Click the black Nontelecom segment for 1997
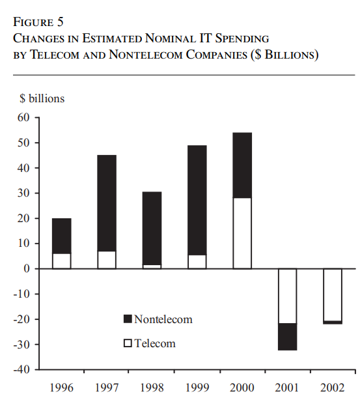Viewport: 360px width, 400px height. click(107, 203)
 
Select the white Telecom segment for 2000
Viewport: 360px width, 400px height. click(242, 233)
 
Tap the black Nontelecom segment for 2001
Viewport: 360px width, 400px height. click(287, 336)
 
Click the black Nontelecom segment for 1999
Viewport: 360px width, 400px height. click(197, 200)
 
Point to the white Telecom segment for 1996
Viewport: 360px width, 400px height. click(62, 261)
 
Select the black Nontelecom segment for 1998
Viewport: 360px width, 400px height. click(152, 228)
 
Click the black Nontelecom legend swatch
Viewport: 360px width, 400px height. click(128, 319)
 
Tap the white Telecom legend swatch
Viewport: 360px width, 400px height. click(128, 343)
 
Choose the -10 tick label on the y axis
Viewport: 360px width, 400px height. click(24, 294)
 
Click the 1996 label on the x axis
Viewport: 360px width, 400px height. click(62, 388)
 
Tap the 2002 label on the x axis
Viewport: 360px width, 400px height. click(333, 388)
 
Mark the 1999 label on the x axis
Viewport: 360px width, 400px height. click(197, 388)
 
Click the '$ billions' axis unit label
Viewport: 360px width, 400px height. click(42, 98)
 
